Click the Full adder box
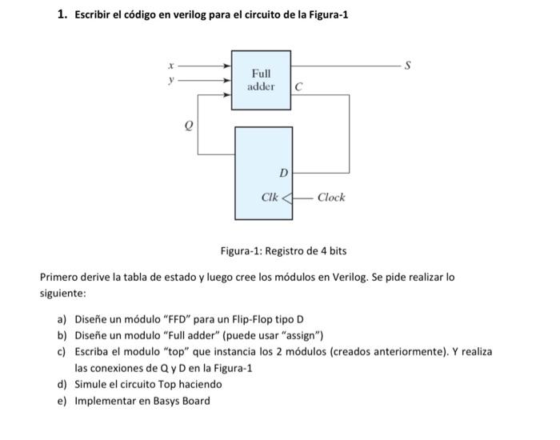click(x=261, y=79)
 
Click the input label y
click(x=170, y=79)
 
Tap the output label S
click(x=407, y=64)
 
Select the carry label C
click(x=298, y=86)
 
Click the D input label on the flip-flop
click(x=282, y=173)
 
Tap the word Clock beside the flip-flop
click(x=331, y=197)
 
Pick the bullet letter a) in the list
click(x=61, y=318)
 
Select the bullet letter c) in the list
click(x=61, y=351)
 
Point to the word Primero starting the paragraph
click(x=60, y=278)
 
